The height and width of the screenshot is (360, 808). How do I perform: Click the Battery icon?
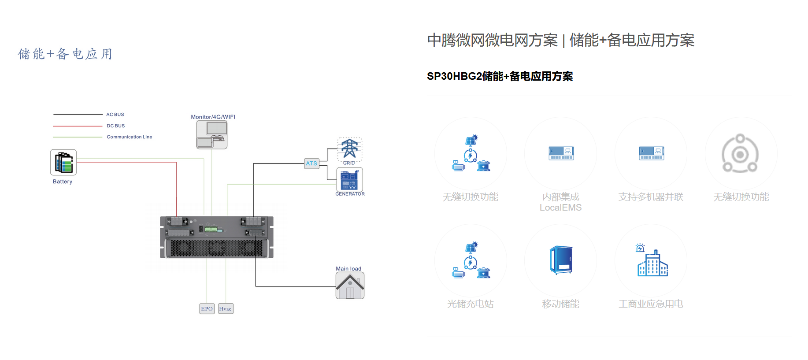pyautogui.click(x=63, y=162)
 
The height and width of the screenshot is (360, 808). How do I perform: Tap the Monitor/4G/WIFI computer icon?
pyautogui.click(x=212, y=134)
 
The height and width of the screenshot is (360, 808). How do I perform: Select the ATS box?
pyautogui.click(x=311, y=163)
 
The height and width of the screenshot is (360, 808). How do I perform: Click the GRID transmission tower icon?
pyautogui.click(x=349, y=148)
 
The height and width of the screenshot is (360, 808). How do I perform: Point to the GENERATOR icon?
pyautogui.click(x=349, y=179)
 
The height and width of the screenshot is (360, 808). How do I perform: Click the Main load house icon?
pyautogui.click(x=350, y=286)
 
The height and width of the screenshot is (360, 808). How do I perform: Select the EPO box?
pyautogui.click(x=207, y=308)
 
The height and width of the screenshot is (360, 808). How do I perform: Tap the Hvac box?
pyautogui.click(x=226, y=308)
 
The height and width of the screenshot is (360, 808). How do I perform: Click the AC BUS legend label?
pyautogui.click(x=115, y=115)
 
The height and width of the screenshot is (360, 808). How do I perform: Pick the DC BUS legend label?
pyautogui.click(x=115, y=126)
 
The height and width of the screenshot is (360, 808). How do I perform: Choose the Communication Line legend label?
pyautogui.click(x=129, y=137)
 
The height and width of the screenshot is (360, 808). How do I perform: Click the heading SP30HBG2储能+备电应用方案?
pyautogui.click(x=500, y=76)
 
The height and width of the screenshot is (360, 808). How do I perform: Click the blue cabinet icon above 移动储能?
pyautogui.click(x=561, y=260)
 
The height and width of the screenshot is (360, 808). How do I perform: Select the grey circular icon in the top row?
pyautogui.click(x=740, y=153)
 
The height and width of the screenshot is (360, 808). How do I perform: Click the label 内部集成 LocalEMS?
pyautogui.click(x=560, y=202)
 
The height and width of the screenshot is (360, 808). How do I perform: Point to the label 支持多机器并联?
pyautogui.click(x=650, y=197)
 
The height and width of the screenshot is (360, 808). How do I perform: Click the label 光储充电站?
pyautogui.click(x=470, y=304)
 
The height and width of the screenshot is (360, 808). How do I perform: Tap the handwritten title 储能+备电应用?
pyautogui.click(x=65, y=54)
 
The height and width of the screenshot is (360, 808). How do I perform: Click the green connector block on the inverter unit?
pyautogui.click(x=211, y=229)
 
